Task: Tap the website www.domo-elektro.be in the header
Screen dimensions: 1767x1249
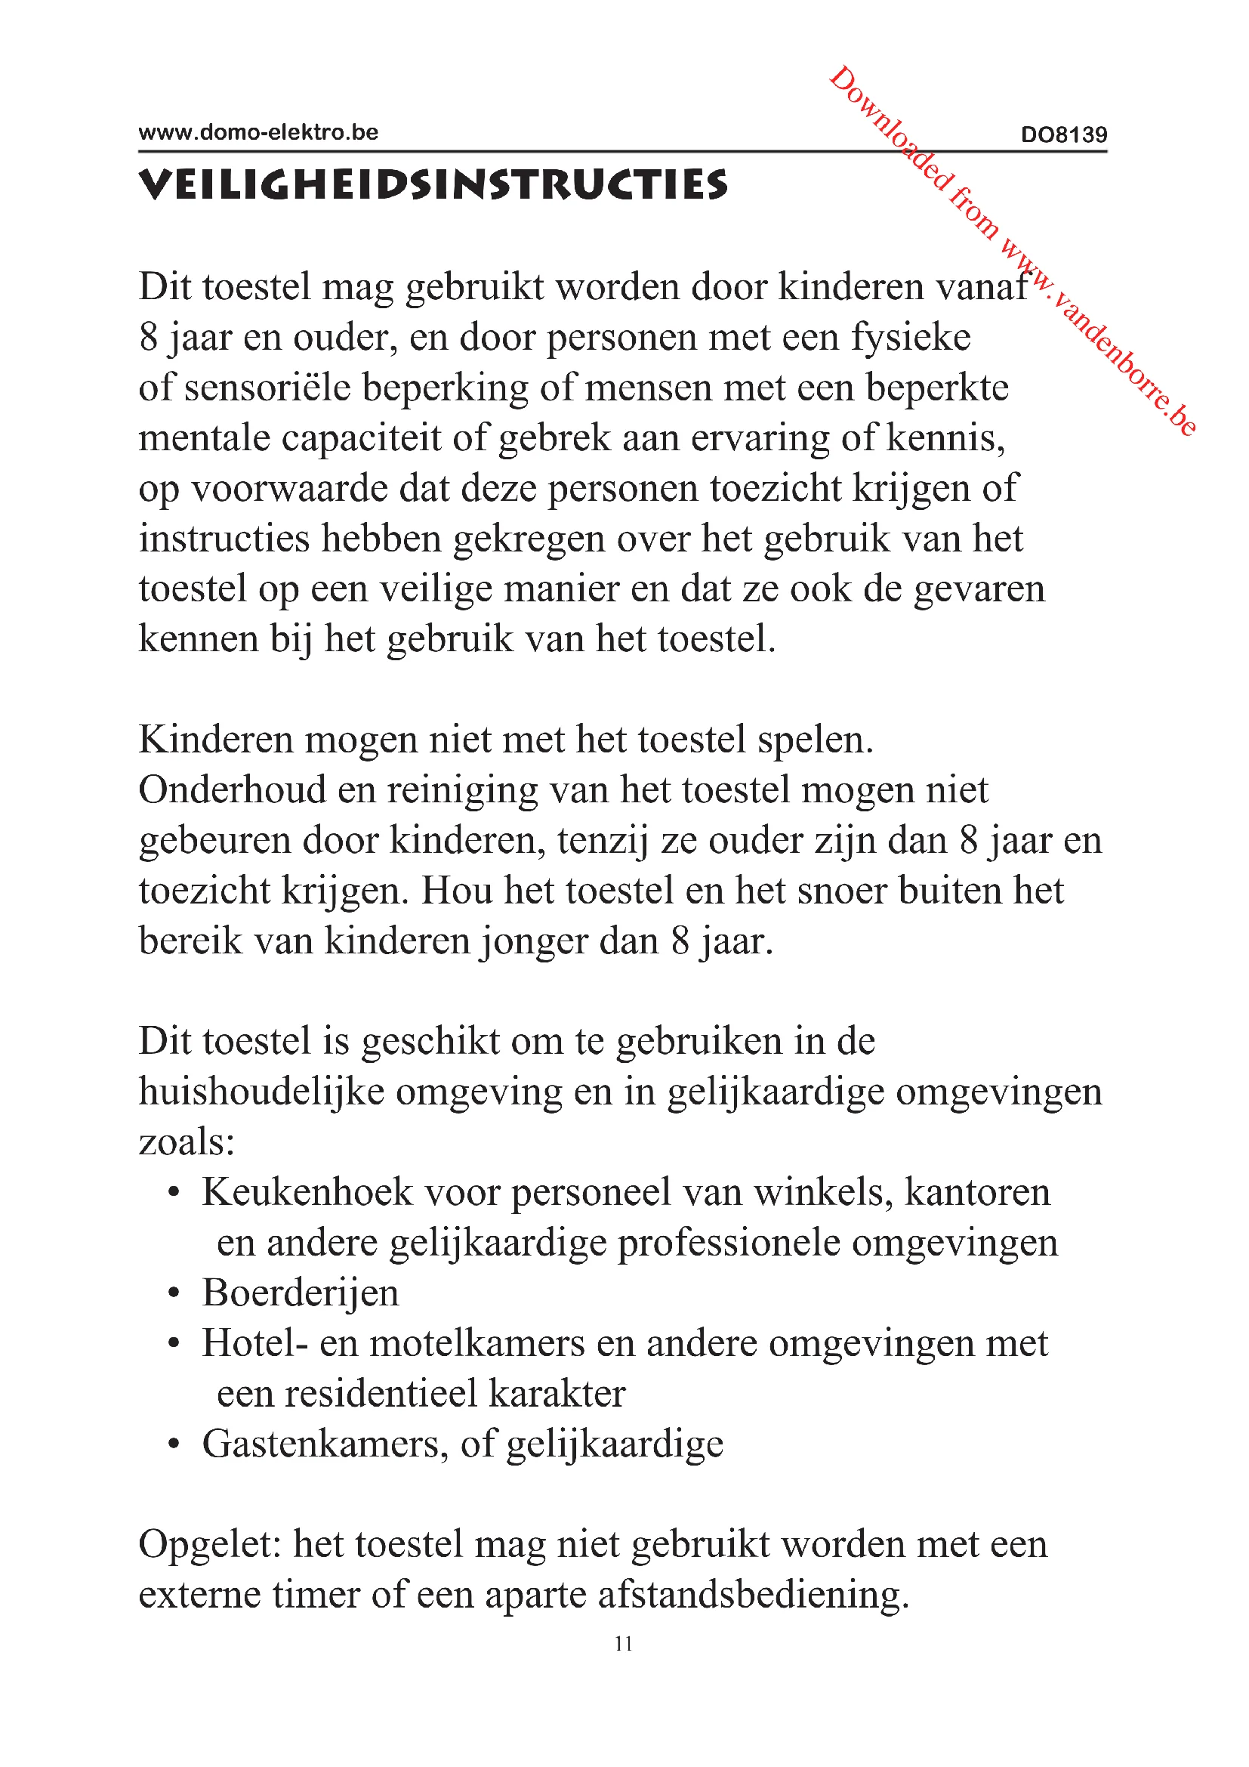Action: (258, 132)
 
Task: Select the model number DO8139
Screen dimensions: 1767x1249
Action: (1064, 134)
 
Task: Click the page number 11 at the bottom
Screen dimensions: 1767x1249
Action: (624, 1644)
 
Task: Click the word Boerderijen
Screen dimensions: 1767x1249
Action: (301, 1292)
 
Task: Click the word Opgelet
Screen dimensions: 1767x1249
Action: (210, 1545)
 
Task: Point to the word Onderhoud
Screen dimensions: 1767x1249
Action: (233, 789)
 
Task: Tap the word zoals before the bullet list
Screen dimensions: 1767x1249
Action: (186, 1141)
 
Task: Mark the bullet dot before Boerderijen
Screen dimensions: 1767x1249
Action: (174, 1293)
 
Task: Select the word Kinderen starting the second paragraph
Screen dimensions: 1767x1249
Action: (216, 740)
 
